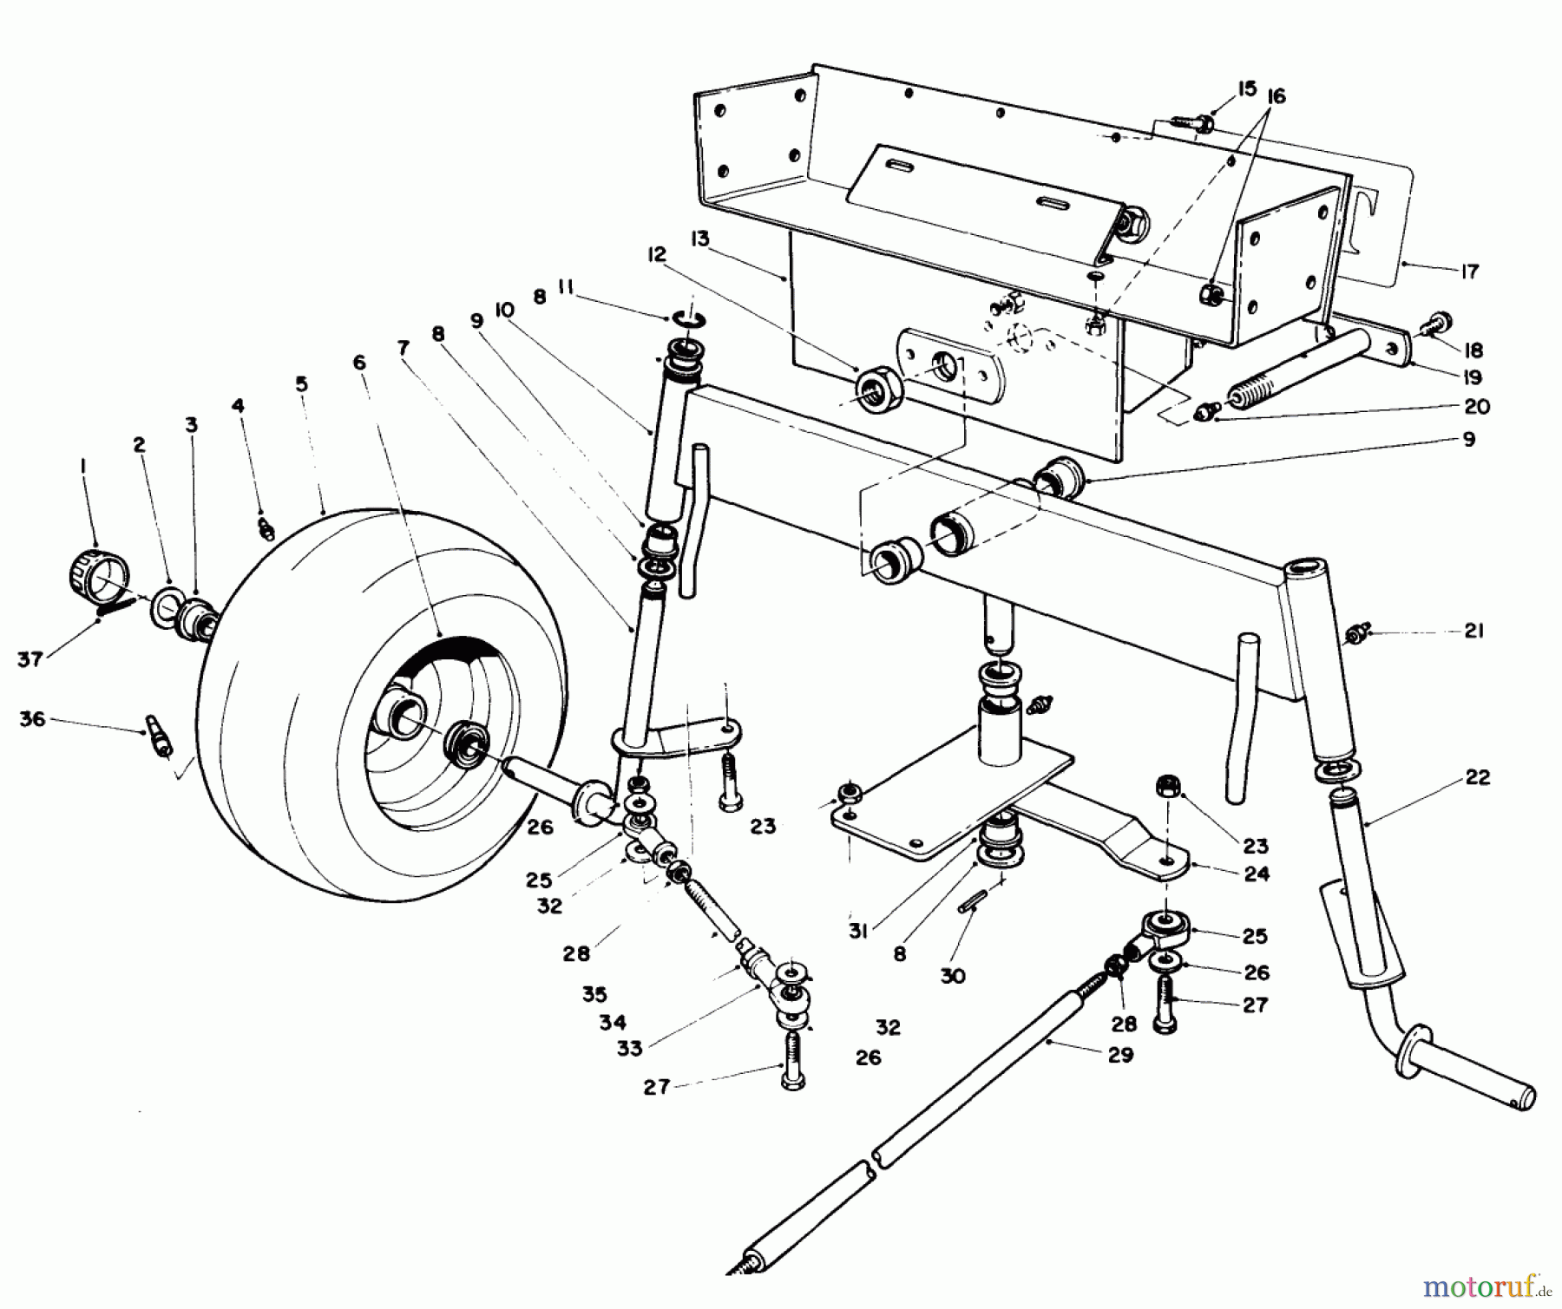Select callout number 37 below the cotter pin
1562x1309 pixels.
(30, 660)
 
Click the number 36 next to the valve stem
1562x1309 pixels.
(32, 719)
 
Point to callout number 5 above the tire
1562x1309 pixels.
(301, 383)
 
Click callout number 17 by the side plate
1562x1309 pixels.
(1468, 272)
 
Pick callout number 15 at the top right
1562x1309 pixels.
(1247, 88)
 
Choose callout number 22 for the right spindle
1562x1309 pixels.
(1477, 777)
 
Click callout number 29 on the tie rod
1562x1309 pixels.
(1120, 1056)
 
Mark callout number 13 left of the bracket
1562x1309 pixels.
(699, 239)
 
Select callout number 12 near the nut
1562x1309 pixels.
(656, 254)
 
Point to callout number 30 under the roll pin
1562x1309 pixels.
(952, 976)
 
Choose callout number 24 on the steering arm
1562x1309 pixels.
(1256, 874)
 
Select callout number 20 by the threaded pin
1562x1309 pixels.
(1476, 406)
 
